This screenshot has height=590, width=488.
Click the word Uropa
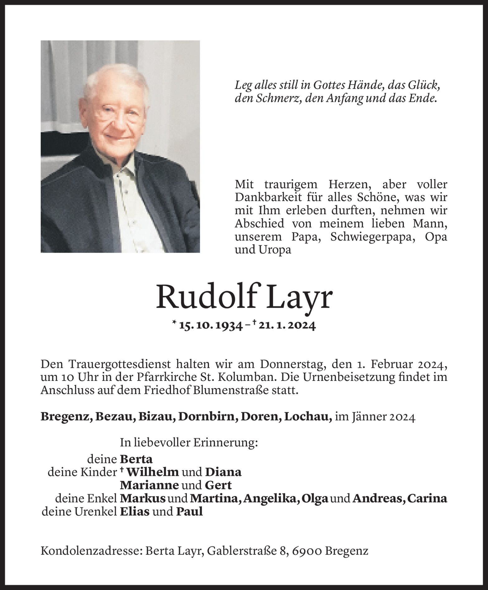[x=277, y=250]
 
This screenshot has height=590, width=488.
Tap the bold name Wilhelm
[x=152, y=472]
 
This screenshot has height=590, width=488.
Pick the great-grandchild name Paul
[x=189, y=512]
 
